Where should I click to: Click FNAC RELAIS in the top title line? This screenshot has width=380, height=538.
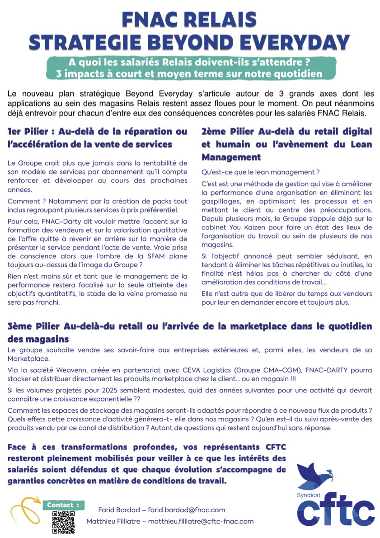click(190, 19)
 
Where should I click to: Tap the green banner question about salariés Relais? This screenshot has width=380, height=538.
click(190, 61)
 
